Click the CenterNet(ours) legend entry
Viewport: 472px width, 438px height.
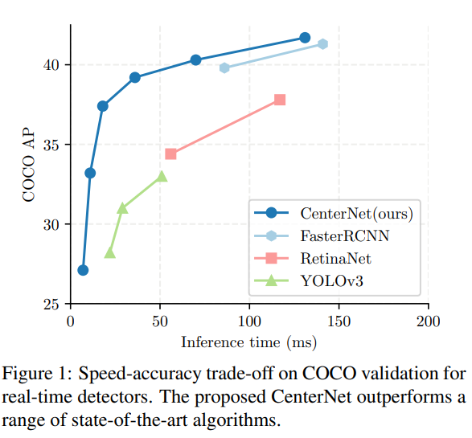356,213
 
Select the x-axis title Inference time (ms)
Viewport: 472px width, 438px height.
248,342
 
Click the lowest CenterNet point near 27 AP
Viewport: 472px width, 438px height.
83,270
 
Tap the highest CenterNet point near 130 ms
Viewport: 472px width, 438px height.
305,38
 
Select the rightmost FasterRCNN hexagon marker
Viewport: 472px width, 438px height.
322,44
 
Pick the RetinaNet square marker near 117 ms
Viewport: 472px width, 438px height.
280,100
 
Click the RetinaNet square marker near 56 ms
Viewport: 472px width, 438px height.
170,154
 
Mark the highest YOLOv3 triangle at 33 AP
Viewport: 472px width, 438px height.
162,176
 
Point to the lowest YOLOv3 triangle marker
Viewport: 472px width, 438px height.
110,253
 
